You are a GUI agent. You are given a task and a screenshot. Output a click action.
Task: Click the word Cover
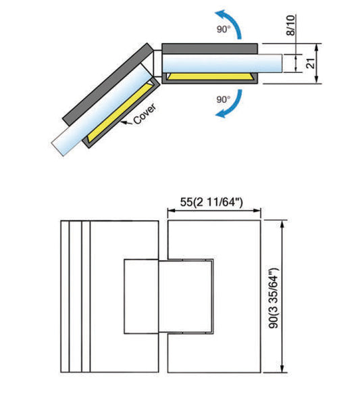[145, 114]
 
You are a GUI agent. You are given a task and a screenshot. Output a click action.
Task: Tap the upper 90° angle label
[224, 30]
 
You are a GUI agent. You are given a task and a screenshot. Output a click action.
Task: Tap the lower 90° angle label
[224, 99]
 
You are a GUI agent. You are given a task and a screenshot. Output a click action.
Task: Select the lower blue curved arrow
[232, 105]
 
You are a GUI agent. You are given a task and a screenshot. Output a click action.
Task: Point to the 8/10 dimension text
[290, 25]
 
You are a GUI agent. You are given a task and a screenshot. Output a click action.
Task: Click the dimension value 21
[311, 64]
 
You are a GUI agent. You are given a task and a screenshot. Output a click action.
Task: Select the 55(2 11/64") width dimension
[211, 202]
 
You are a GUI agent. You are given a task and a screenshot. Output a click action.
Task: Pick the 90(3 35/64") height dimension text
[274, 298]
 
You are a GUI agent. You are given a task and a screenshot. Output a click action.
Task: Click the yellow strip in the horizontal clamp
[211, 76]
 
